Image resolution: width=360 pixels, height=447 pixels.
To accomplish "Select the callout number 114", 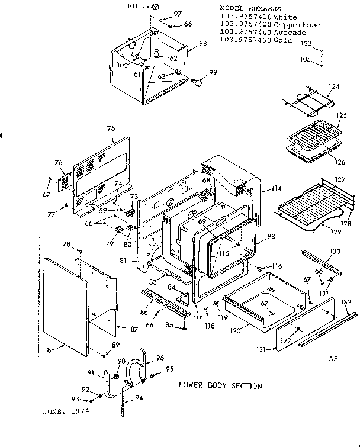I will (275, 189).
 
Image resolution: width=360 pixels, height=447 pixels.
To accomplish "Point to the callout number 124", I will (335, 87).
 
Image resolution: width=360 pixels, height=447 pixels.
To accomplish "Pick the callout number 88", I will (51, 350).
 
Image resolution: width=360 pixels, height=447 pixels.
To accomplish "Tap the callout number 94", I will (139, 397).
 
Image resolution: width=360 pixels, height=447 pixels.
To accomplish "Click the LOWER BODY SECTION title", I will (220, 385).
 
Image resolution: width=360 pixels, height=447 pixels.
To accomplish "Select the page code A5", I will (333, 358).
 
